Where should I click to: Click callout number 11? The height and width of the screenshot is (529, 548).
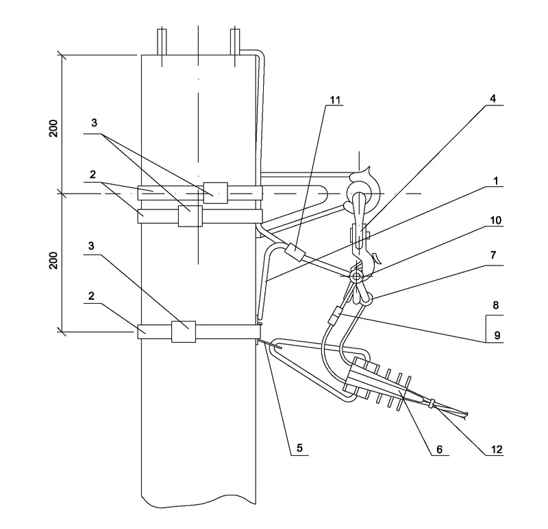pos(335,100)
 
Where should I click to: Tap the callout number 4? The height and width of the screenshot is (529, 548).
pos(493,99)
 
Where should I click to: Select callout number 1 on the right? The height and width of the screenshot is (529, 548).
pos(495,181)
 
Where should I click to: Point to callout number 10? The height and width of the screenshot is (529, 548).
pos(495,220)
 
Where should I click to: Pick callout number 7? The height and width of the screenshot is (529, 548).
pos(493,255)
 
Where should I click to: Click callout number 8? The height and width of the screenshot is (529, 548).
pos(495,305)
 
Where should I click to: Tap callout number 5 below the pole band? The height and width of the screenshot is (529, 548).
pos(299,448)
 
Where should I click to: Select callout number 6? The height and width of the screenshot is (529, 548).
pos(439,450)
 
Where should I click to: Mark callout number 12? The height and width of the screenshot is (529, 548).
pos(497,450)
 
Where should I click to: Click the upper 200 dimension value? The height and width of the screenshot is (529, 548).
pos(53,128)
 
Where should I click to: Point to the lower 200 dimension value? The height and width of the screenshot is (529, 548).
pos(53,260)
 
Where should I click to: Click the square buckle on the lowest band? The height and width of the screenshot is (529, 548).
pos(184,332)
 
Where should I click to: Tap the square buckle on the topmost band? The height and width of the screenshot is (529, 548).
pos(216,193)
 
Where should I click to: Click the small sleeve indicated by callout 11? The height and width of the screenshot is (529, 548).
pos(295,253)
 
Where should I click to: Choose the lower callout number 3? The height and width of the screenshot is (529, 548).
pos(91,246)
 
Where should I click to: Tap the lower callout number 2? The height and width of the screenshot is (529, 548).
pos(91,296)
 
